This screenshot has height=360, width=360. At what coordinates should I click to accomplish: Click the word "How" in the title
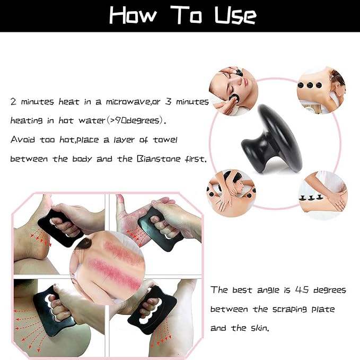(x=133, y=15)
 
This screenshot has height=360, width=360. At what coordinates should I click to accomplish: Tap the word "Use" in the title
(x=235, y=15)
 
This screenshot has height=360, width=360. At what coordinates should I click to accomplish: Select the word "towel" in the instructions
(x=165, y=139)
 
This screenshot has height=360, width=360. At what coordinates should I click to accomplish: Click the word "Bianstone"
(x=159, y=159)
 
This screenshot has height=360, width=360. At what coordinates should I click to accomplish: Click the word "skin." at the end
(x=259, y=328)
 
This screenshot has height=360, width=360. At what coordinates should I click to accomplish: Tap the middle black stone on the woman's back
(x=309, y=85)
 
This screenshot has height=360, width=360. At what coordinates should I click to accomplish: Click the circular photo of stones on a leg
(x=323, y=196)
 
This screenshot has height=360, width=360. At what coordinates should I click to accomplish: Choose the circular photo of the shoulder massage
(x=231, y=194)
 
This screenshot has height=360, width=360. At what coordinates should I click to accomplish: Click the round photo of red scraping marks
(x=108, y=268)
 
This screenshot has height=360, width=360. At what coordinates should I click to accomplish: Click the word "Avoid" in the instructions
(x=22, y=139)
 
